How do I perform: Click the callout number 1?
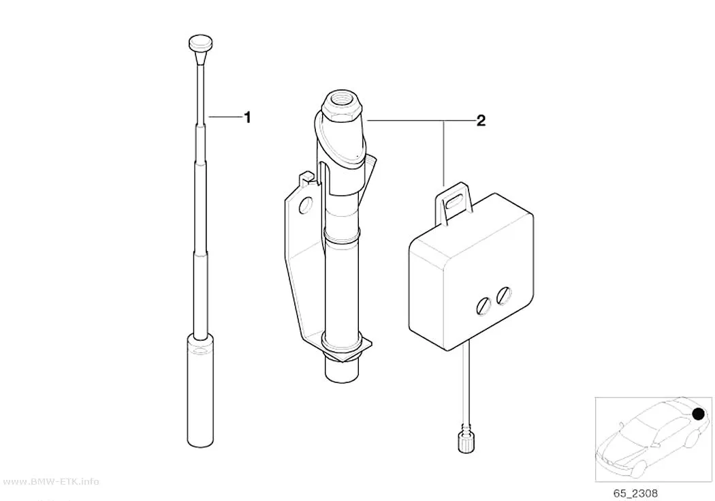pyautogui.click(x=248, y=118)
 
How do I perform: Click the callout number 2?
pyautogui.click(x=481, y=121)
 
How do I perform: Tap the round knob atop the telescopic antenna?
pyautogui.click(x=200, y=44)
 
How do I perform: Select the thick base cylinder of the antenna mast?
pyautogui.click(x=200, y=390)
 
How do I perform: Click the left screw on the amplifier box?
pyautogui.click(x=483, y=305)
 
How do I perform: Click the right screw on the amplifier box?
pyautogui.click(x=503, y=296)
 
